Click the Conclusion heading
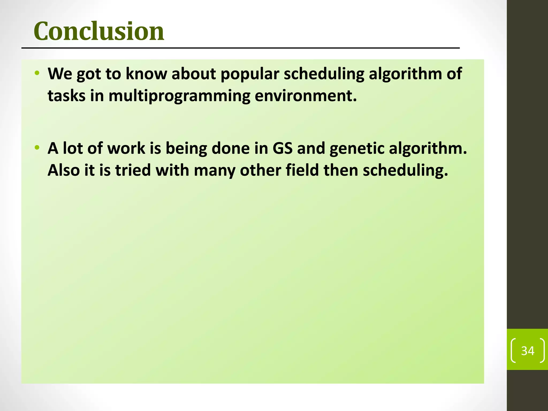pos(99,31)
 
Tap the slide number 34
pos(528,351)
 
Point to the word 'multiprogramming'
pos(179,96)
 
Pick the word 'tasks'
pos(66,96)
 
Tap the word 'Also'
pos(64,170)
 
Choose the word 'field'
pos(302,170)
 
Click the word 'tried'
pos(133,170)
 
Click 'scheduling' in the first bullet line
pos(324,74)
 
